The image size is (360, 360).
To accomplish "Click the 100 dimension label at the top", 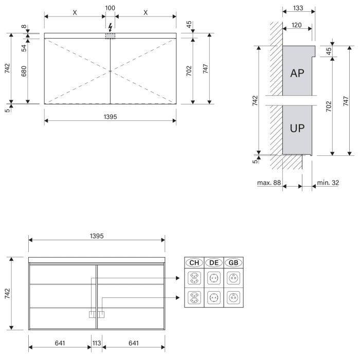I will pos(110,9).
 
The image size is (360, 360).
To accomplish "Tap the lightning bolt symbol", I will pos(110,27).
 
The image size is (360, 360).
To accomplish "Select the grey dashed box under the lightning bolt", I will pos(110,36).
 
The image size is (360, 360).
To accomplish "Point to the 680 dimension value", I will pos(24,70).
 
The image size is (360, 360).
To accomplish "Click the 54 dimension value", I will pos(24,48).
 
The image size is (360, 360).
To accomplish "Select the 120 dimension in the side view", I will pos(296,24).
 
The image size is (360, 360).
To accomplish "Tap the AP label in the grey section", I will pos(297,73).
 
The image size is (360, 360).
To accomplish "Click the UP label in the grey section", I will pos(297,128).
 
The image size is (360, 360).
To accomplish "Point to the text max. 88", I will pos(269,183).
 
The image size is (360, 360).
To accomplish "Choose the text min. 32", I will pos(328,183).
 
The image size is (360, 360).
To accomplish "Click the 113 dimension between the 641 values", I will pos(97,343).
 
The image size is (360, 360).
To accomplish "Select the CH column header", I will pos(194,263).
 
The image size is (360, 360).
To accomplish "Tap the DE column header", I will pos(213,263).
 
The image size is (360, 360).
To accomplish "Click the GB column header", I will pos(233,263).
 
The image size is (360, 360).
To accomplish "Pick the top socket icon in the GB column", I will pos(233,278).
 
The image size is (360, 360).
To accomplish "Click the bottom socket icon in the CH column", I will pos(194,298).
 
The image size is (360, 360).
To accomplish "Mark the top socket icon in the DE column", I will pos(213,278).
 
